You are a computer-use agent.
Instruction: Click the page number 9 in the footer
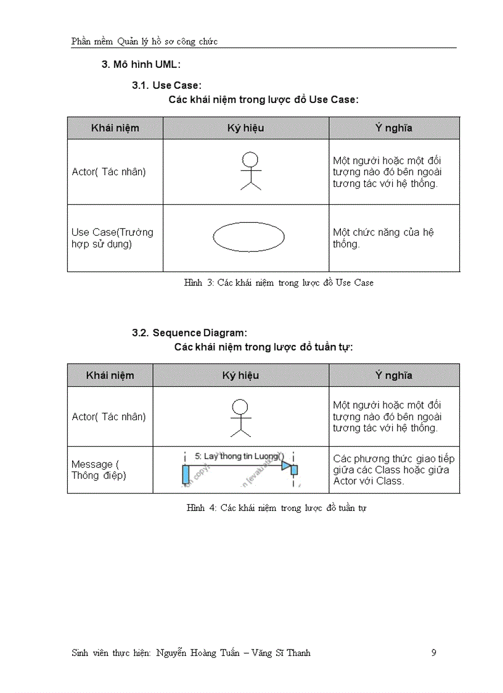(x=434, y=653)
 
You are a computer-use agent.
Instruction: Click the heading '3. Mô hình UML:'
(x=141, y=64)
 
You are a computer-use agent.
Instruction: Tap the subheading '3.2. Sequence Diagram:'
(x=189, y=333)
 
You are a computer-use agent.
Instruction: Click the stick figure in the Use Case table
(x=250, y=171)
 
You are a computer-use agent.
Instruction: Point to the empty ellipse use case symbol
(x=248, y=237)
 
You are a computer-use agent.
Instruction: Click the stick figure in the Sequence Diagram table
(x=240, y=417)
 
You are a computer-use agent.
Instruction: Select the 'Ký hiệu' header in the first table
(x=245, y=128)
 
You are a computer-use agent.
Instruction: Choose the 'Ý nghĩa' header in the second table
(x=393, y=375)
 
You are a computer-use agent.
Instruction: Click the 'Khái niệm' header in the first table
(x=115, y=128)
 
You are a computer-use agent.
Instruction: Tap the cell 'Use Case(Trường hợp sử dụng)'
(x=112, y=238)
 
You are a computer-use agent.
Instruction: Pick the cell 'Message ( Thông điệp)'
(x=99, y=470)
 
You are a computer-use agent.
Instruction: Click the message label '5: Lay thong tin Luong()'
(x=238, y=456)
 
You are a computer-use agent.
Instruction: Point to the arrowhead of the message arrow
(x=286, y=465)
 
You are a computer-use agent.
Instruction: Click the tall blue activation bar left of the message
(x=184, y=475)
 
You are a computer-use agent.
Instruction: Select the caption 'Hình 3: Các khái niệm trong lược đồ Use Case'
(x=279, y=283)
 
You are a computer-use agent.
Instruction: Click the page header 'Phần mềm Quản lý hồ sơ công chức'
(x=144, y=41)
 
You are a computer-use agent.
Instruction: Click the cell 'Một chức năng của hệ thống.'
(x=383, y=238)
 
